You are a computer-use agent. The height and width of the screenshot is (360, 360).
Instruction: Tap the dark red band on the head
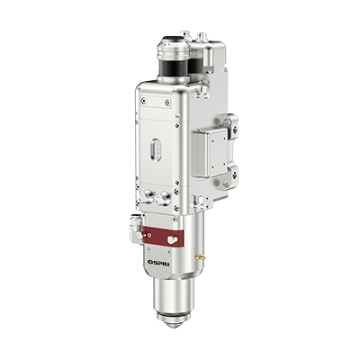pos(163,237)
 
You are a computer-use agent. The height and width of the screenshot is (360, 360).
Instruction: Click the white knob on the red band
pos(172,239)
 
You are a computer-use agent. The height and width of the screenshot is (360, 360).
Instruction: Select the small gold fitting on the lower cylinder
pos(199,257)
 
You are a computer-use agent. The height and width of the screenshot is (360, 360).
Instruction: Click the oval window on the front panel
pos(155,149)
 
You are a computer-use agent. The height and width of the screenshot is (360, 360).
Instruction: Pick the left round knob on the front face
pos(147,198)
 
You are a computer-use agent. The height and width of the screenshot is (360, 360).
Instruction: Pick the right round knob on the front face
pos(163,199)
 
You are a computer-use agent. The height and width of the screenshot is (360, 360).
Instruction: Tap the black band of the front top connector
pos(174,68)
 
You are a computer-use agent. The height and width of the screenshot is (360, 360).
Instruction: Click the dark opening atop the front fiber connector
pos(173,39)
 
